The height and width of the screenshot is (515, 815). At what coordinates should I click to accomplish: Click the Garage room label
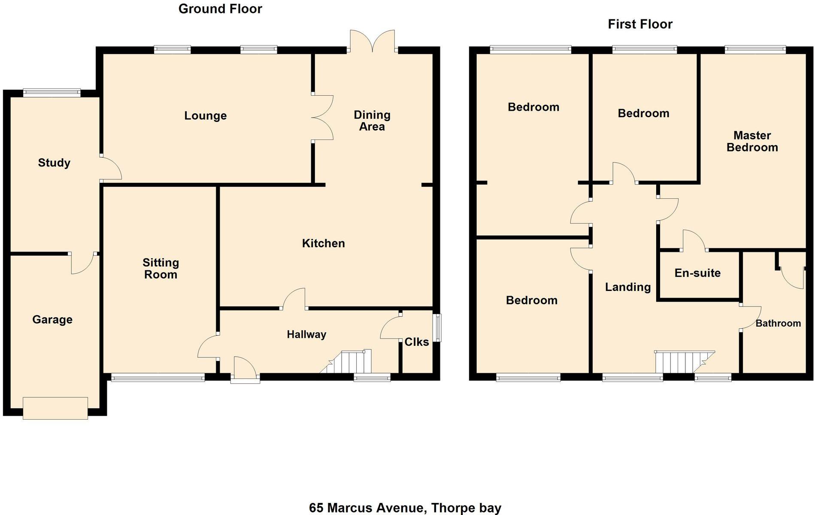coord(52,320)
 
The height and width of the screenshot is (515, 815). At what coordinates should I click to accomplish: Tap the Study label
coord(54,163)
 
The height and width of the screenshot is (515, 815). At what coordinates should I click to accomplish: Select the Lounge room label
coord(206,116)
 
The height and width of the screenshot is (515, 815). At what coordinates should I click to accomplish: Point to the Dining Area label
coord(372,121)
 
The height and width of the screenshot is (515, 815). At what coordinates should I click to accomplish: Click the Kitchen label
coord(324,243)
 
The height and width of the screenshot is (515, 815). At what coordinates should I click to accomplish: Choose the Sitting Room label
coord(161,269)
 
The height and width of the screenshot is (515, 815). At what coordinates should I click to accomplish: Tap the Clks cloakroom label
coord(417,342)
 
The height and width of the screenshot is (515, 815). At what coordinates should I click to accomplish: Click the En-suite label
coord(697,273)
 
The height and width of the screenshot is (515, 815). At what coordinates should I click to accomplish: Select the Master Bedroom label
coord(752,142)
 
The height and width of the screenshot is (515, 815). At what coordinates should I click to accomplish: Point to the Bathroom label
coord(778,324)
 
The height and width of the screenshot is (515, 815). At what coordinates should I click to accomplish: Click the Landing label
coord(628,288)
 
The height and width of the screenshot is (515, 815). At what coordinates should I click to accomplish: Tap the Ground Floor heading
coord(220,9)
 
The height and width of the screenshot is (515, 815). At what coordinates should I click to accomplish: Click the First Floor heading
coord(640,24)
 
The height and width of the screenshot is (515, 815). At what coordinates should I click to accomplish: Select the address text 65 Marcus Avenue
coord(367,508)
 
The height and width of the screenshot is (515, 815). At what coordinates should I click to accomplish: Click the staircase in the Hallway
coord(346,362)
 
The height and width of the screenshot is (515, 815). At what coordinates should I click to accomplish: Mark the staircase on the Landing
coord(685,362)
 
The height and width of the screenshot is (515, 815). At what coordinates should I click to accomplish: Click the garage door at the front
coord(55,408)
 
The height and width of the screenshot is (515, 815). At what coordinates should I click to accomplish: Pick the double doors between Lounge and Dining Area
coord(322,117)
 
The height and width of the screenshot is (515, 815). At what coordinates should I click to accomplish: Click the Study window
coord(52,92)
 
